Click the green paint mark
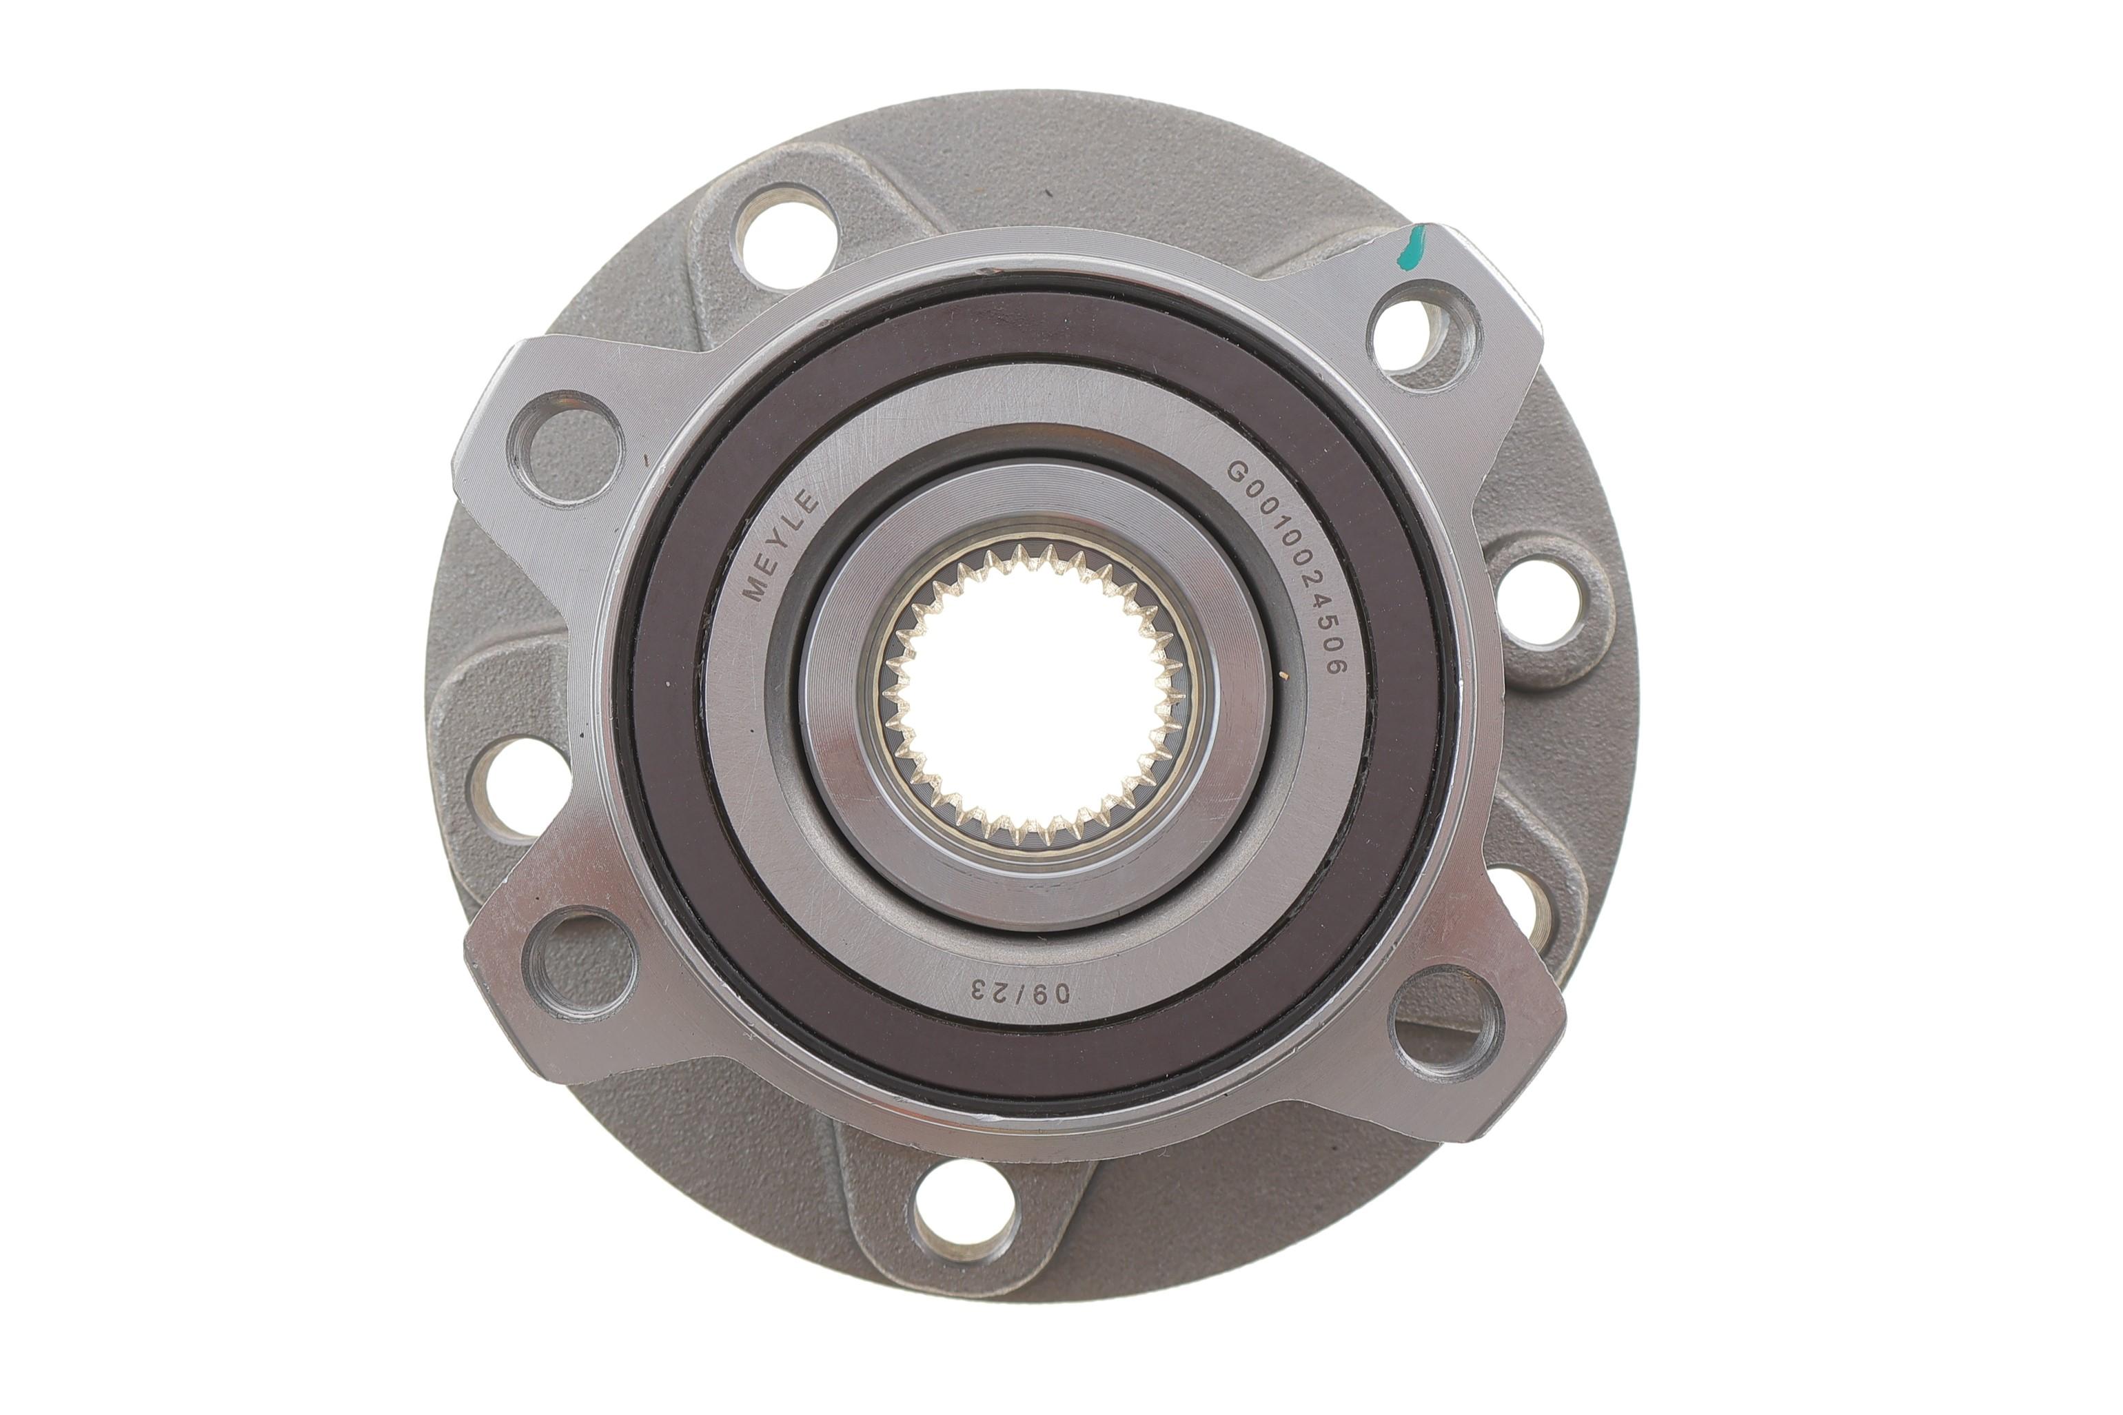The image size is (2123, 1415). click(x=1410, y=249)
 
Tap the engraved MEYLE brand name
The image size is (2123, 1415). click(x=780, y=545)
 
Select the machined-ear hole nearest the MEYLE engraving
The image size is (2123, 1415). click(x=566, y=447)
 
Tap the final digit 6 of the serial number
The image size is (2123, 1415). click(x=1334, y=666)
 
